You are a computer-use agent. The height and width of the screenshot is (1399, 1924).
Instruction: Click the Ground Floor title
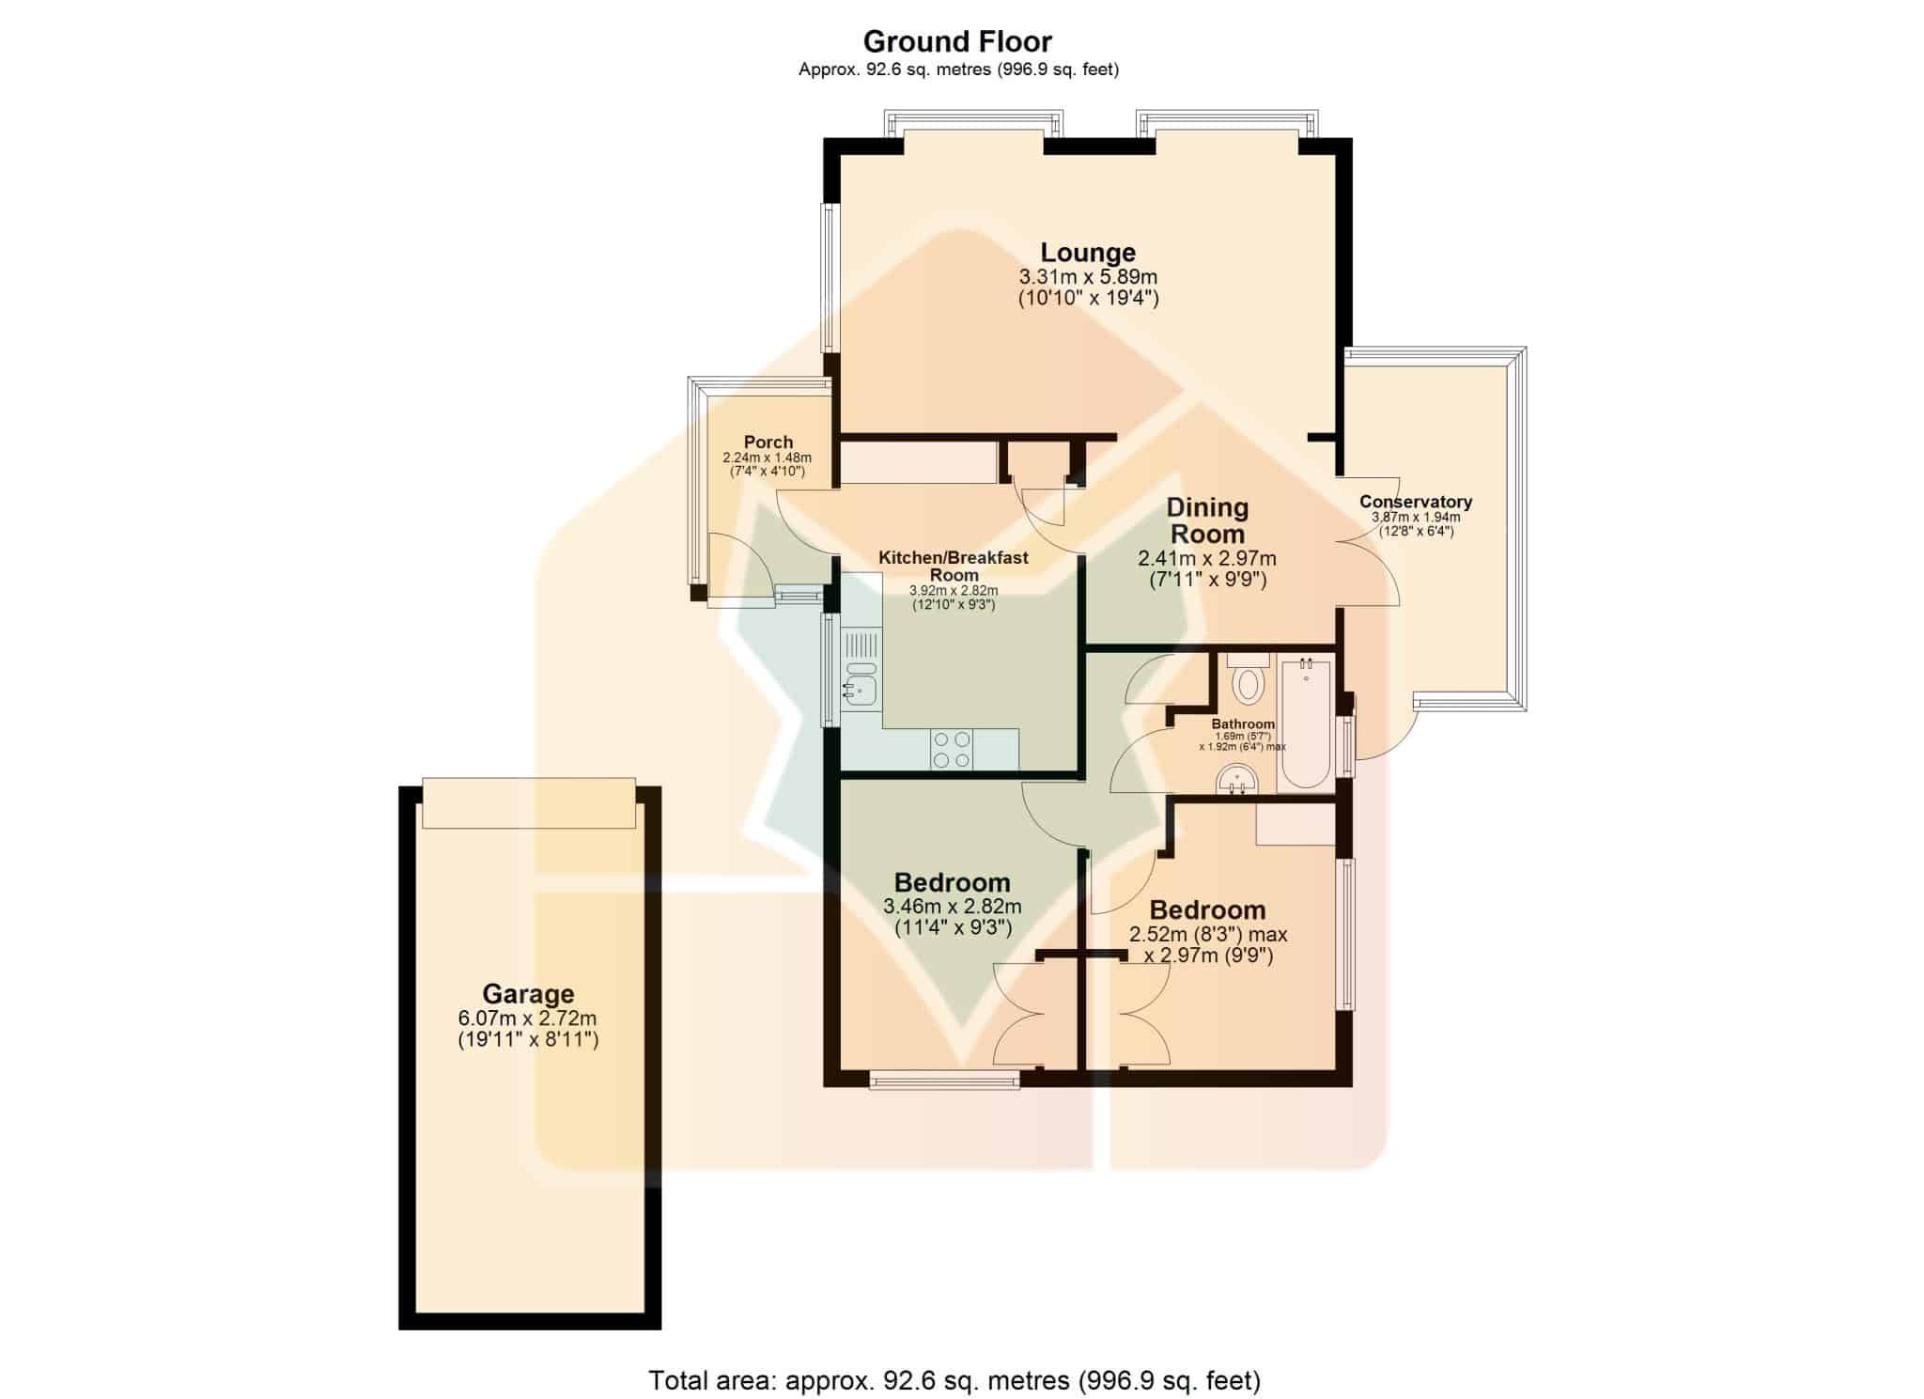(957, 41)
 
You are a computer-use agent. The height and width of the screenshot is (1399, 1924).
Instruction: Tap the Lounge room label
(1088, 252)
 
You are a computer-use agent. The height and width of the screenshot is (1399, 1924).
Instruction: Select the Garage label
(528, 993)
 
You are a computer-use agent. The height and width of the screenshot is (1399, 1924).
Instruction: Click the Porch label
(768, 442)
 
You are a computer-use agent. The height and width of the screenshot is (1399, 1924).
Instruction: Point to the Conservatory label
(1416, 502)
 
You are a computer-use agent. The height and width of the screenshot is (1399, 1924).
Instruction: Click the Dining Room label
(1207, 521)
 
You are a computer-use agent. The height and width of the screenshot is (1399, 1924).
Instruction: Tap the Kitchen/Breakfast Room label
(954, 566)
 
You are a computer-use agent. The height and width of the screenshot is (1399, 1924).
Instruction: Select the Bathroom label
(1243, 723)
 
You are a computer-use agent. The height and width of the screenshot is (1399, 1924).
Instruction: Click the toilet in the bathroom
(1249, 678)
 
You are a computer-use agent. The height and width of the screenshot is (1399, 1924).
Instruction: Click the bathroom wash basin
(1237, 780)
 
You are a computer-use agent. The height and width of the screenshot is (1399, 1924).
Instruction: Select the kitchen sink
(861, 682)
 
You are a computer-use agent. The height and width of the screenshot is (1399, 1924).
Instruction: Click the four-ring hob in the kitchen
(952, 750)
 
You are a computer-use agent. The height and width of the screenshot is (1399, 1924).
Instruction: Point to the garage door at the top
(529, 803)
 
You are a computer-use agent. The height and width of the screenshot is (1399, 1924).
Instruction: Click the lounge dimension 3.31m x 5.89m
(1088, 277)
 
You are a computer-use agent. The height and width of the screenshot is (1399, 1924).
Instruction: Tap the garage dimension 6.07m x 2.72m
(528, 1018)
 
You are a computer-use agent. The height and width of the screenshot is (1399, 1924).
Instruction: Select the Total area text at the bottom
(954, 1379)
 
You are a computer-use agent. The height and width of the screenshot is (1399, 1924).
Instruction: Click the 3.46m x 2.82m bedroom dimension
(953, 907)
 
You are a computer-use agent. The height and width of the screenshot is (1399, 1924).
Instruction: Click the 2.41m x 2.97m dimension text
(1207, 559)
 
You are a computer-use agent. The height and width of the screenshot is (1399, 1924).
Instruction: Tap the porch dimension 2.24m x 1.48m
(767, 458)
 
